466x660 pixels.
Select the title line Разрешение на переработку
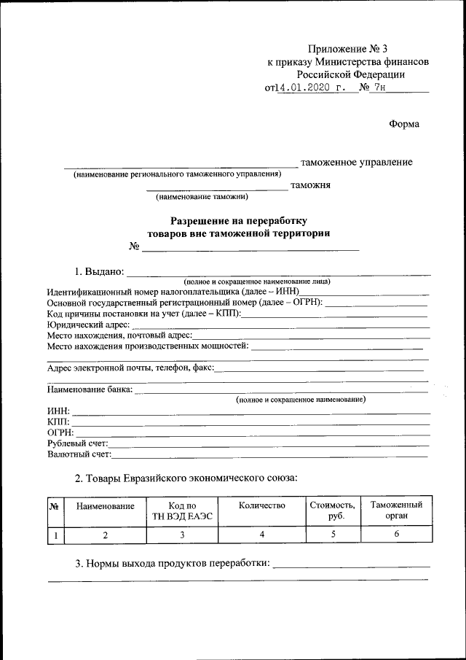click(x=239, y=220)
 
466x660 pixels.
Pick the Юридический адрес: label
click(x=88, y=325)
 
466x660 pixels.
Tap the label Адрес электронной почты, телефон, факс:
click(x=131, y=368)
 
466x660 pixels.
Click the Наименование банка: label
click(x=90, y=390)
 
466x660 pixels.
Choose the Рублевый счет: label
click(x=78, y=443)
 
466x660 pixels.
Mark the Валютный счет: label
click(x=79, y=454)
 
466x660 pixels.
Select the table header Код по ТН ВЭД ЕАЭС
click(x=182, y=511)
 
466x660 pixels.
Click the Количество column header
click(x=261, y=505)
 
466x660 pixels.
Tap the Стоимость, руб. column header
click(x=332, y=510)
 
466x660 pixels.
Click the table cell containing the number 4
click(x=261, y=535)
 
